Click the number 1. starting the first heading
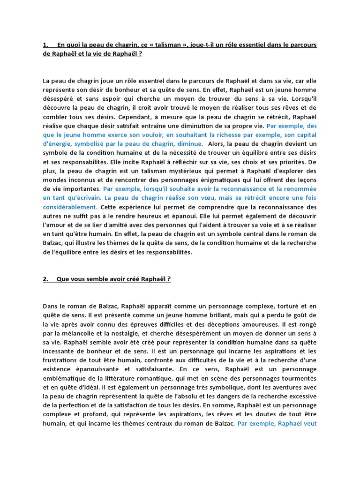coord(46,45)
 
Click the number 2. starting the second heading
coord(46,279)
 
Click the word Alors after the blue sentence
coord(218,144)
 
